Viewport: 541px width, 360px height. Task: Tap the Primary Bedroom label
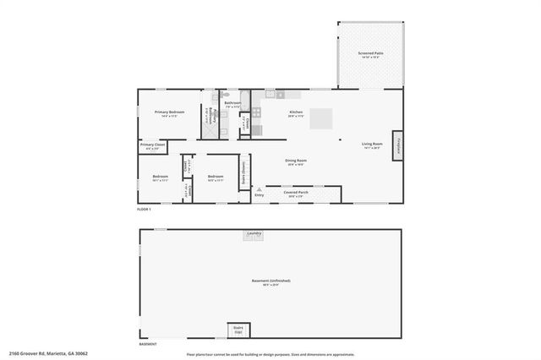point(169,112)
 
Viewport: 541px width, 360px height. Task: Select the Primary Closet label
point(152,146)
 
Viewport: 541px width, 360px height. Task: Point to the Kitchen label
point(296,112)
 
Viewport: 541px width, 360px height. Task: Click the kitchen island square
point(320,120)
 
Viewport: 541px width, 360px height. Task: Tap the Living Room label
point(373,145)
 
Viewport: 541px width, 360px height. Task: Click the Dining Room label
point(295,161)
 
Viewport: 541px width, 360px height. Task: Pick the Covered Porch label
point(296,194)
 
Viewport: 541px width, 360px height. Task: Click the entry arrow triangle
point(260,189)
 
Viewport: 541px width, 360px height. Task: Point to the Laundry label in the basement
point(254,233)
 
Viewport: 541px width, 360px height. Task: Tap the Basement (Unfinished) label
point(270,281)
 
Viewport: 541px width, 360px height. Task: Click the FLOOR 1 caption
point(145,210)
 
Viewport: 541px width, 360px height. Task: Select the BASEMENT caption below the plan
point(148,344)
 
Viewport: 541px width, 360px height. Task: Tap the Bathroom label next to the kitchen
point(232,104)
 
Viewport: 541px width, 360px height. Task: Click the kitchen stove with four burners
point(256,130)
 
